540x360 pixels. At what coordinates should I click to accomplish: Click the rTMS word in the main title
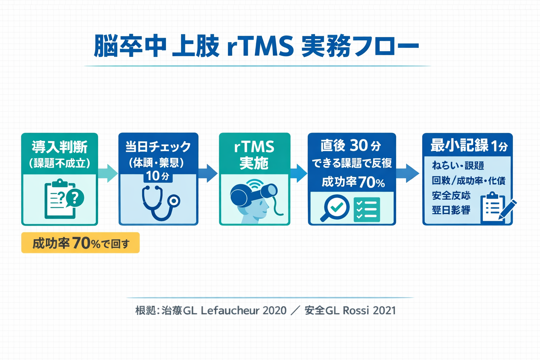click(x=260, y=46)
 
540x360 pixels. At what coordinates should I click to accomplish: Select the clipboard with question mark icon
click(x=64, y=199)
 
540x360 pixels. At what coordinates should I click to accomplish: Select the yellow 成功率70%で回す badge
click(x=81, y=243)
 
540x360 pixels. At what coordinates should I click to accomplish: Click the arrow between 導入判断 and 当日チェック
click(x=108, y=173)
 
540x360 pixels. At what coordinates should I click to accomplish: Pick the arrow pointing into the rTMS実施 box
click(x=208, y=173)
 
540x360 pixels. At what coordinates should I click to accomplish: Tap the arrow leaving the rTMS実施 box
click(x=298, y=173)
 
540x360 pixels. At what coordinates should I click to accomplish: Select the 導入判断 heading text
click(x=59, y=147)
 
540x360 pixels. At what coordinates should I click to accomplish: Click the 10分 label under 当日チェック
click(x=157, y=175)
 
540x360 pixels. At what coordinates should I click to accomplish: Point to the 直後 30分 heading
click(x=351, y=145)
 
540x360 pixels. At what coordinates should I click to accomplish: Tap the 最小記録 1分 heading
click(x=469, y=145)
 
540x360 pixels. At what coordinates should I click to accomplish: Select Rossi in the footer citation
click(x=356, y=310)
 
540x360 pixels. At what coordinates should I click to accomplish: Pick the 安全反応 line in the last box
click(x=451, y=195)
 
